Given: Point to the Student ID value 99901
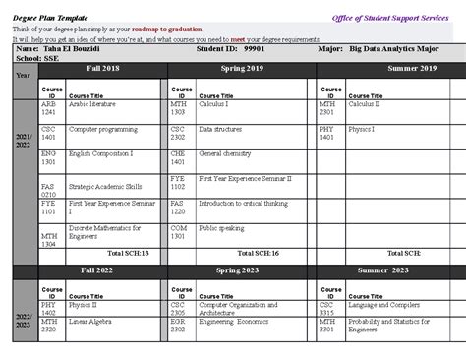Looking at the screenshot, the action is [255, 48].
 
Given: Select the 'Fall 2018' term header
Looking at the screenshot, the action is [104, 68].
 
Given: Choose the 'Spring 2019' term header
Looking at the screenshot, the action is [242, 68].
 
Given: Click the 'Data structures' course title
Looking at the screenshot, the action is [220, 128].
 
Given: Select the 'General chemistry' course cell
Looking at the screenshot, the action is [225, 153].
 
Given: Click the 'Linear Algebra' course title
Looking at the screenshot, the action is [90, 321].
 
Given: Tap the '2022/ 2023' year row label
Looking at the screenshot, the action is [23, 317].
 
